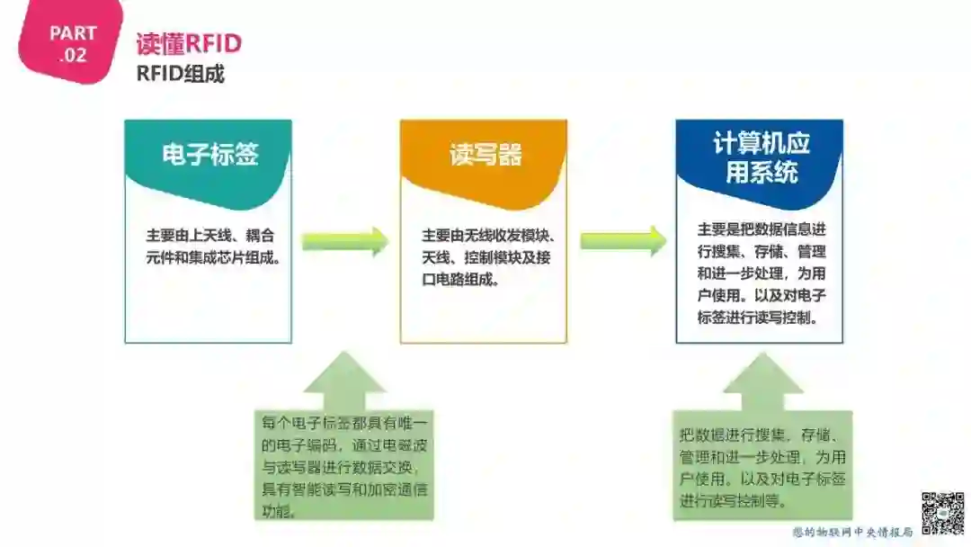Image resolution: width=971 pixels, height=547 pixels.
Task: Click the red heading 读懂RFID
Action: click(x=189, y=44)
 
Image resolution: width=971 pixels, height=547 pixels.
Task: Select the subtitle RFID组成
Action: click(x=180, y=74)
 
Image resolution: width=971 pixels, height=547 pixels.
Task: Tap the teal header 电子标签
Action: click(x=209, y=154)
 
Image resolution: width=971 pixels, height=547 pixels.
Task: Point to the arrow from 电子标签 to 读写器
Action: click(x=344, y=241)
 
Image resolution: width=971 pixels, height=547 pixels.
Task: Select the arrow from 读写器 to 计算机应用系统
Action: click(x=622, y=241)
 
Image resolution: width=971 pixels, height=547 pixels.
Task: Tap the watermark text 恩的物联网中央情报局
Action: click(x=852, y=532)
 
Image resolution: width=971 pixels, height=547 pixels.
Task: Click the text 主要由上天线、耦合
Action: click(x=210, y=236)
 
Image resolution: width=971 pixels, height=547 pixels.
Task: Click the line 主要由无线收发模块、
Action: click(x=487, y=236)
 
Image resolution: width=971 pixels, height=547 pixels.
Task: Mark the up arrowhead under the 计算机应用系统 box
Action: click(x=762, y=378)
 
